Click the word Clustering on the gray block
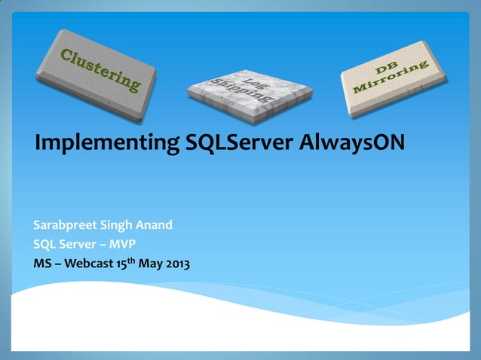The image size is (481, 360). (x=100, y=69)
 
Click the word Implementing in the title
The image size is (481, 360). (x=106, y=142)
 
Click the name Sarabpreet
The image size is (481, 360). (x=66, y=225)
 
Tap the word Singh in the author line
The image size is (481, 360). (x=122, y=225)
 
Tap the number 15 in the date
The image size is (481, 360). (x=120, y=264)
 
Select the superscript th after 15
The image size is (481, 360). (x=130, y=261)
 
